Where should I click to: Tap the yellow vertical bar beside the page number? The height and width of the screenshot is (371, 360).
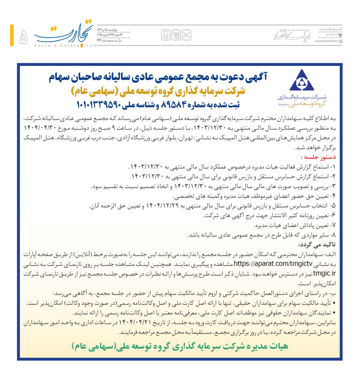click(12, 35)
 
